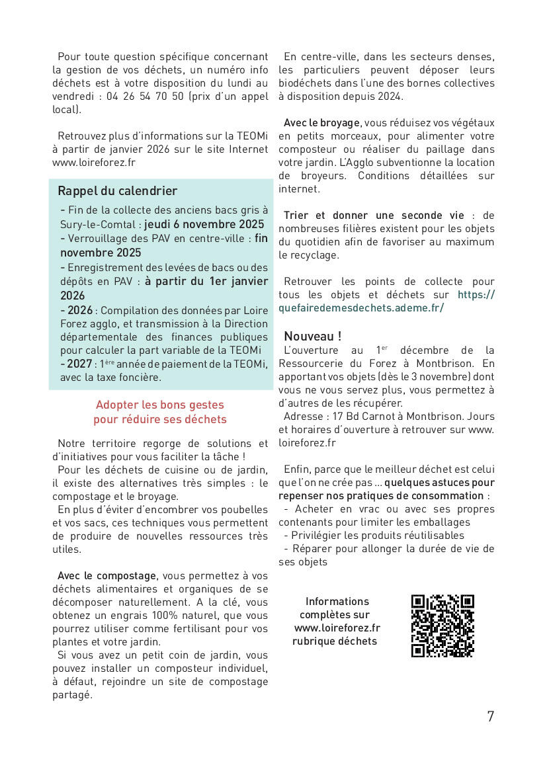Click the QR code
[442, 626]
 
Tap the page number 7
[490, 716]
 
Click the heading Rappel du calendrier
[118, 191]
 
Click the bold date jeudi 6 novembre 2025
[204, 224]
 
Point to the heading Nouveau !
[312, 336]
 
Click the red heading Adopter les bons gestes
[160, 405]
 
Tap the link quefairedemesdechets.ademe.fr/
[361, 308]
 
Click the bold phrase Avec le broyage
[322, 123]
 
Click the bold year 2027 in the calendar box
[79, 364]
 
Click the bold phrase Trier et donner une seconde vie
[374, 216]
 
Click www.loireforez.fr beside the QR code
[337, 628]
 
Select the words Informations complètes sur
[337, 608]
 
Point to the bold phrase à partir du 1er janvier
[206, 281]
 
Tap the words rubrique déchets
[335, 641]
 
